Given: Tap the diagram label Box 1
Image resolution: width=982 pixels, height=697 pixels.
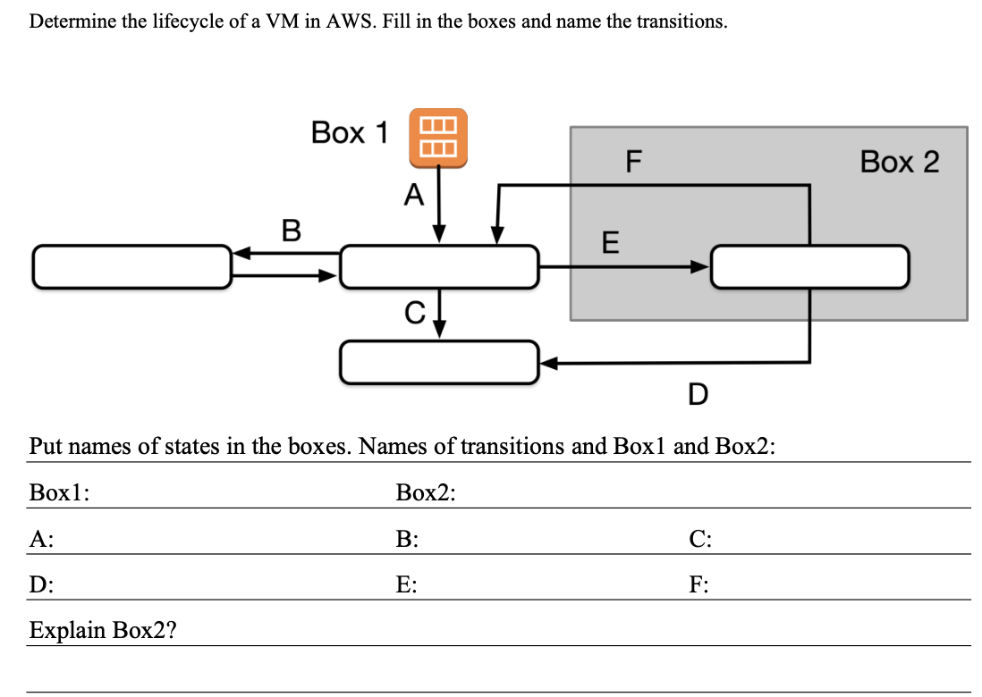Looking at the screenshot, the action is click(x=350, y=133).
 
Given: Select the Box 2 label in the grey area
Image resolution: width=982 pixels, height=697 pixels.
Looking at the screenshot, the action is click(x=900, y=162).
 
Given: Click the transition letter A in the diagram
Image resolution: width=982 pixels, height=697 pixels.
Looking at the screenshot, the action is click(x=412, y=194).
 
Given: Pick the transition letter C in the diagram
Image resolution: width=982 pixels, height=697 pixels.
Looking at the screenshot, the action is click(x=413, y=312).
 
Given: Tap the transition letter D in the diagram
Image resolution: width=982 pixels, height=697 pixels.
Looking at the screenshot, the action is click(x=698, y=393).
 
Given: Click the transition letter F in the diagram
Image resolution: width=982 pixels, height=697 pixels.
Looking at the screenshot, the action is click(x=634, y=162).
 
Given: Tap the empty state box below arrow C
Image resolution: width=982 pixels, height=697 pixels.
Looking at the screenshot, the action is click(x=440, y=362).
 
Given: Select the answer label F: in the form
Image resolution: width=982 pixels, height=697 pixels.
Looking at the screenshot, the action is click(x=700, y=585).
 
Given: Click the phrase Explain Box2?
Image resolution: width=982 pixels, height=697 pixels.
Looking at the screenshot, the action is click(x=103, y=630).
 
